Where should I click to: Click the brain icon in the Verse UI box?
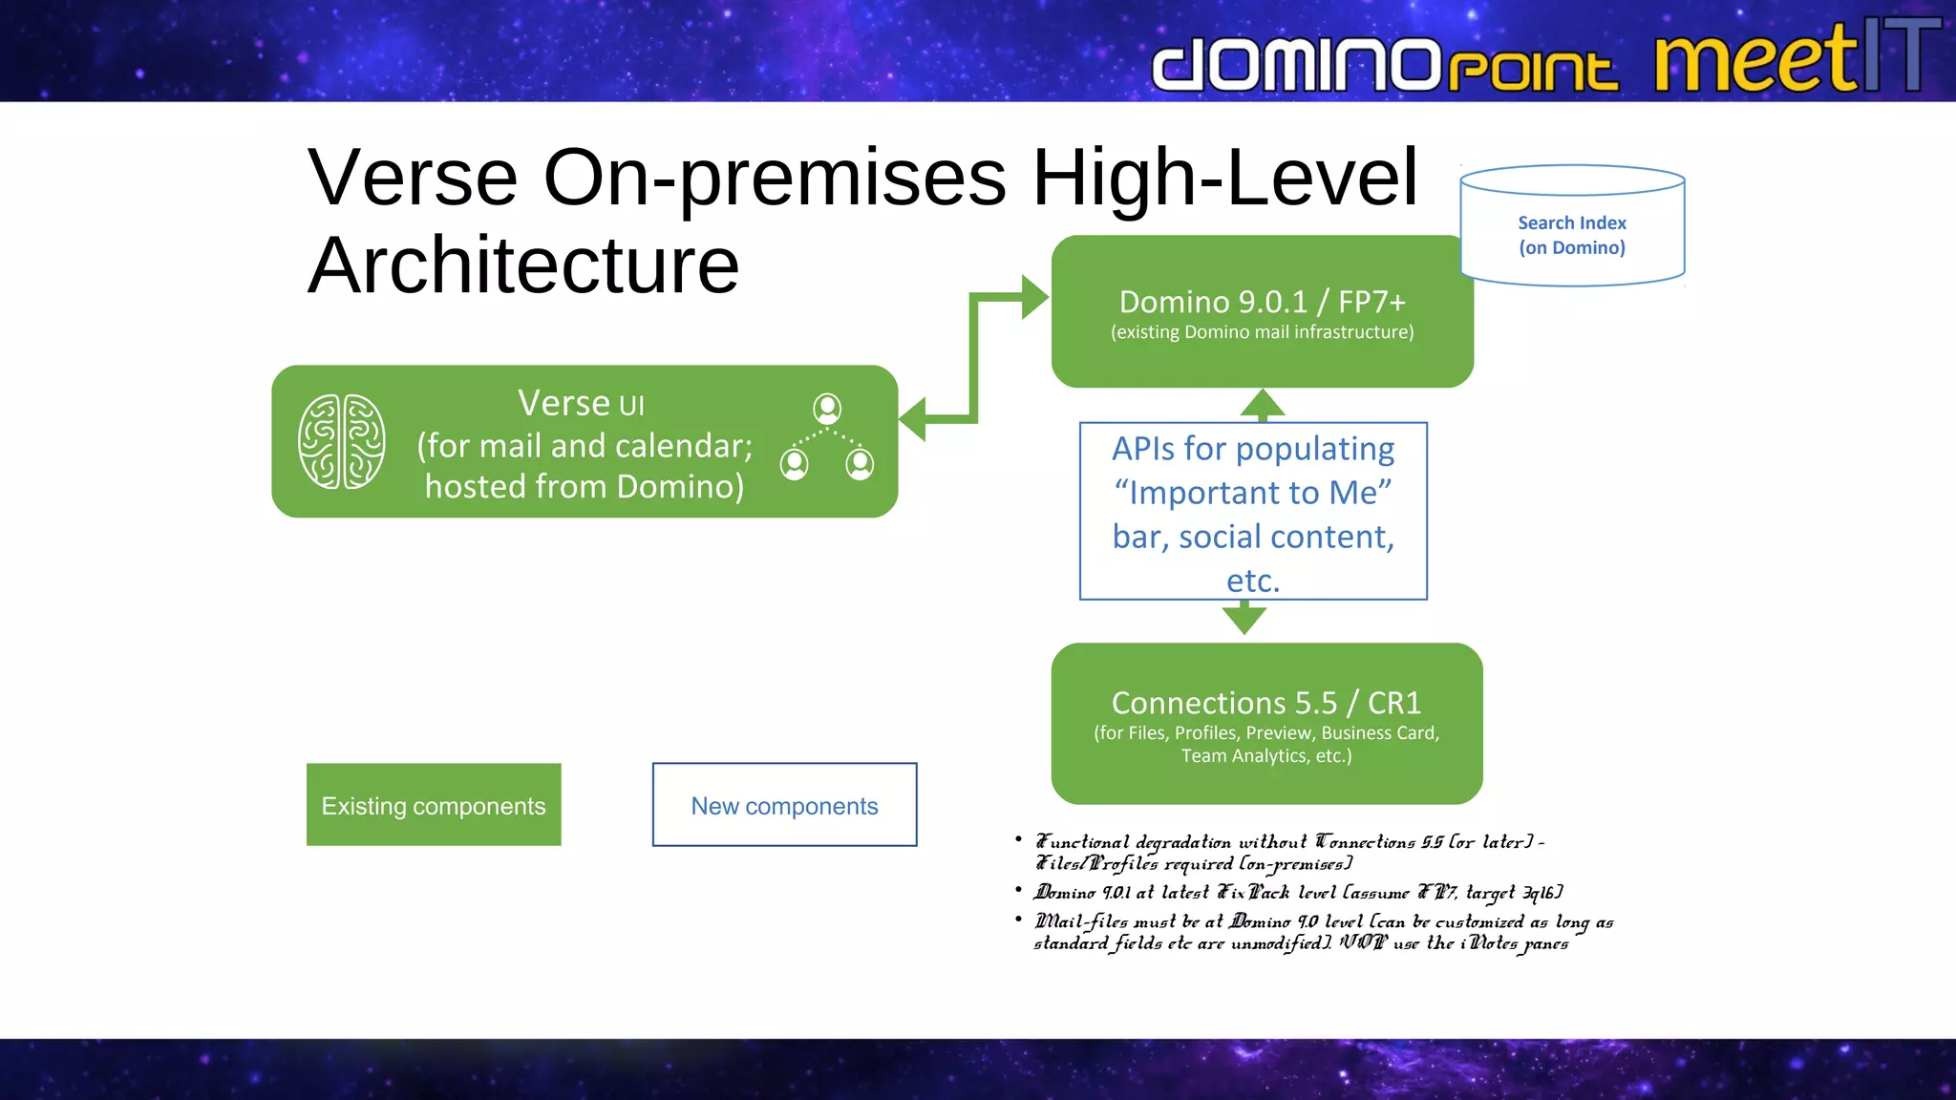(x=341, y=441)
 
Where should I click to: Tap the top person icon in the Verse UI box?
(x=827, y=409)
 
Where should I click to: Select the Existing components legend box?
(x=434, y=805)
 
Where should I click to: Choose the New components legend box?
(x=784, y=805)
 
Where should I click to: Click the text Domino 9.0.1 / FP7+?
(x=1262, y=302)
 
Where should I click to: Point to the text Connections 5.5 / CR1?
(x=1265, y=703)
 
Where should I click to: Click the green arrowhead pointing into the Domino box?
(x=1033, y=298)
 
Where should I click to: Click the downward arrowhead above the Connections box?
(x=1244, y=620)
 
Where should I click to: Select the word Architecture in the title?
(x=523, y=265)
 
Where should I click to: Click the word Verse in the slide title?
(x=413, y=178)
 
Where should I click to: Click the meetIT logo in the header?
(x=1796, y=57)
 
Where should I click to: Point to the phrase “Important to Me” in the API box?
(x=1253, y=493)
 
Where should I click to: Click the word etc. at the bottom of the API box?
(x=1252, y=581)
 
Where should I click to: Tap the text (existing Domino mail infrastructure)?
(x=1262, y=332)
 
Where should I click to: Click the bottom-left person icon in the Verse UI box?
(x=794, y=464)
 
